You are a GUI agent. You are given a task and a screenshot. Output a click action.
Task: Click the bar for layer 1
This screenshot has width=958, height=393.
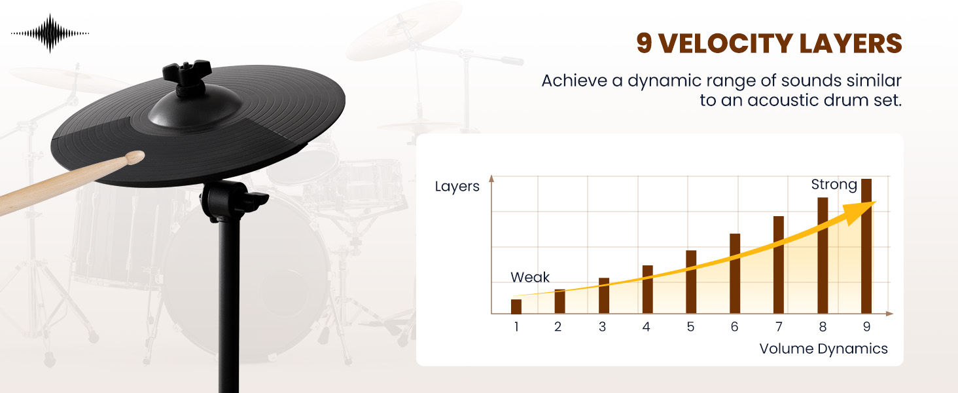tap(516, 307)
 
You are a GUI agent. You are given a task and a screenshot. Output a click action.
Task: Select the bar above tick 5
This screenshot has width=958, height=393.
tap(691, 282)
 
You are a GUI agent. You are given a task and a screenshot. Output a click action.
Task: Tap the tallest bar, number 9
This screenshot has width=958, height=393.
tap(866, 246)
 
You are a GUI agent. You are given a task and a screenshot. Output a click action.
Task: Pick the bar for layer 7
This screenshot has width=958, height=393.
tap(779, 265)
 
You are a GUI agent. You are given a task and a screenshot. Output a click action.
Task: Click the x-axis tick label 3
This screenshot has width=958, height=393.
tap(602, 327)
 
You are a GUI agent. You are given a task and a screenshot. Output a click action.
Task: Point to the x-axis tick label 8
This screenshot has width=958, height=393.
tap(823, 327)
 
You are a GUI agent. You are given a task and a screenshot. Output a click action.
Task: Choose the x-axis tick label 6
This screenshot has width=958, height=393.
tap(735, 327)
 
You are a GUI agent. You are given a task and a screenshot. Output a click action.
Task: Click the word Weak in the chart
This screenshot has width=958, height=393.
tap(530, 277)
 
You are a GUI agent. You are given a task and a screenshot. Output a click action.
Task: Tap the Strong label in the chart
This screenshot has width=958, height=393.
tap(834, 185)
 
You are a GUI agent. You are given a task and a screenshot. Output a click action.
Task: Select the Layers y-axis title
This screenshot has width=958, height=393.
tap(457, 187)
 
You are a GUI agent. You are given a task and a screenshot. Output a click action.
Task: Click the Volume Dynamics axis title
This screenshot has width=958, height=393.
tap(823, 348)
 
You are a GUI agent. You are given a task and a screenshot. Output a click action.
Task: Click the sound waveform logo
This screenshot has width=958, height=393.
tap(50, 33)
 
